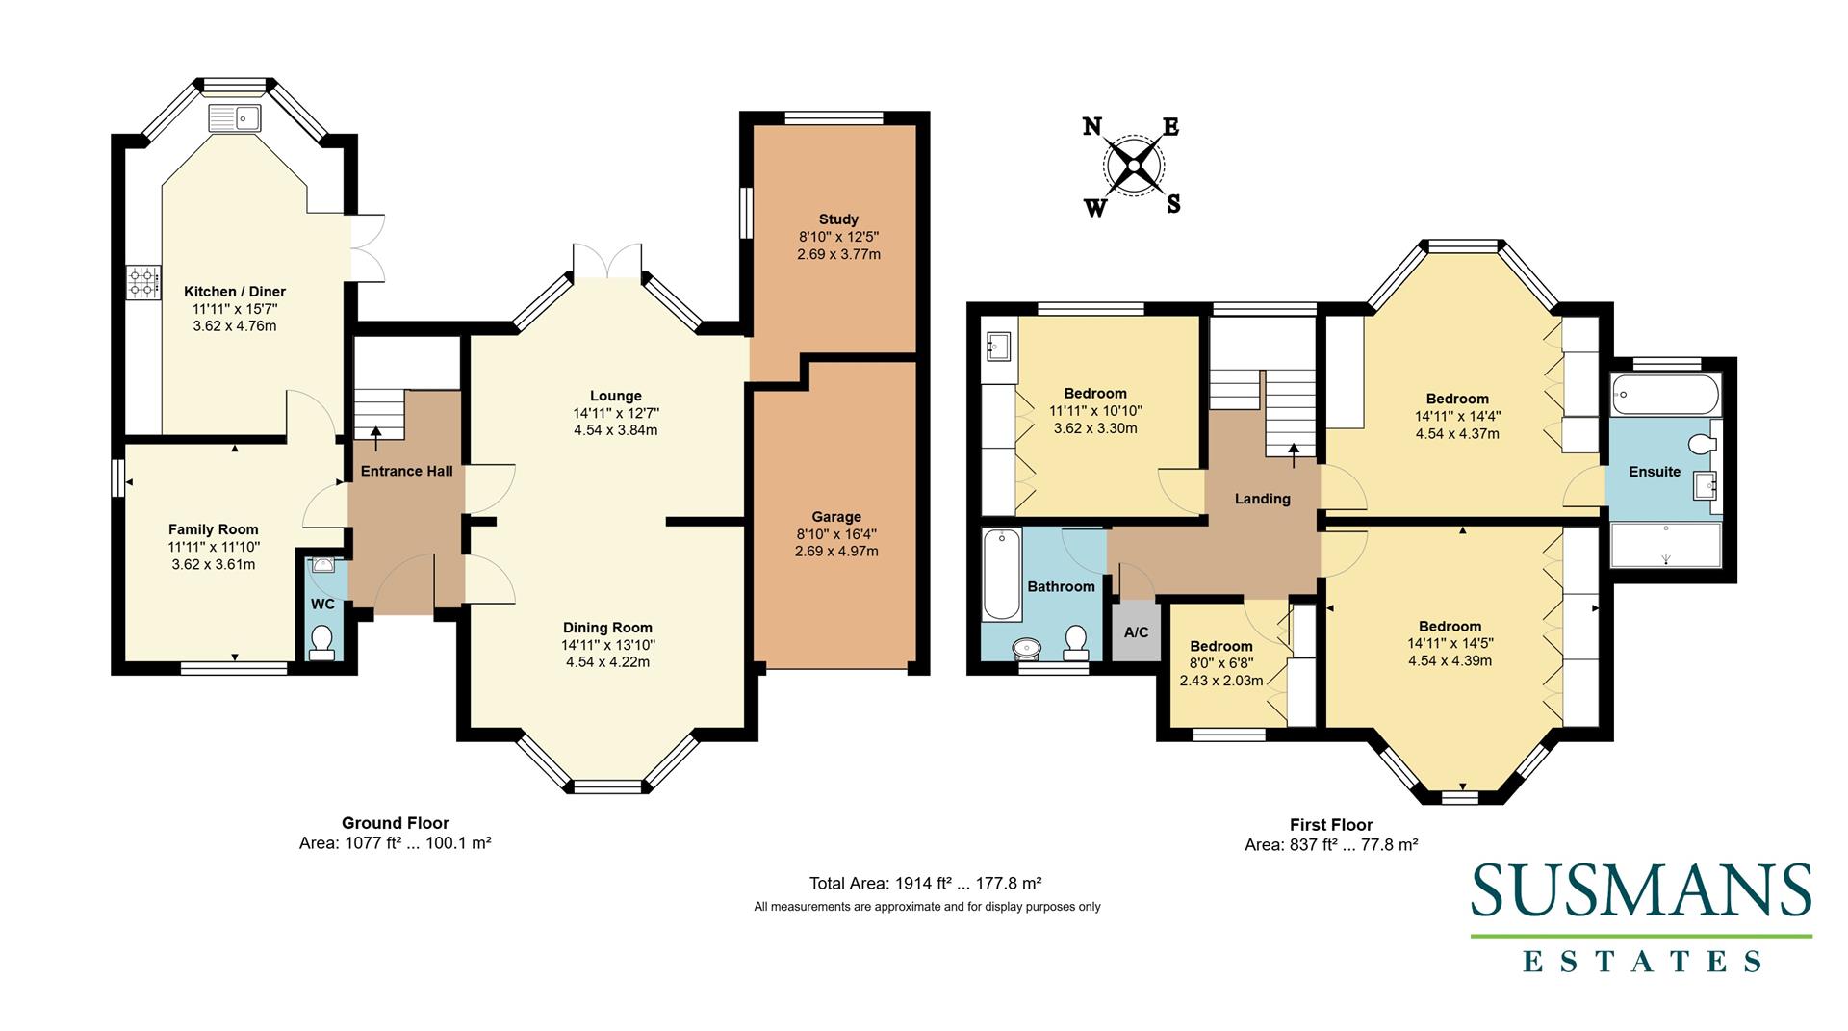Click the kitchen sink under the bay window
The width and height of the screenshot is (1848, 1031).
[235, 117]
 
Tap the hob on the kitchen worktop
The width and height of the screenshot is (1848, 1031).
[142, 282]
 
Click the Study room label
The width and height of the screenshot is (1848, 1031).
[838, 219]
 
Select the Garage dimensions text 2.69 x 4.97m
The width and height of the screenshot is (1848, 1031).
[836, 552]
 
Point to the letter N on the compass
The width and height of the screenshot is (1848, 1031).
[1091, 127]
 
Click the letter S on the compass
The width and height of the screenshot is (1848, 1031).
[1173, 204]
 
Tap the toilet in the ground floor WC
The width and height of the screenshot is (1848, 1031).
[322, 641]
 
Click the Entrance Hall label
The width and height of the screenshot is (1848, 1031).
[406, 471]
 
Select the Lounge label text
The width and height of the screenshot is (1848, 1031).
[615, 396]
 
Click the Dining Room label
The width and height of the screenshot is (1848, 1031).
[607, 628]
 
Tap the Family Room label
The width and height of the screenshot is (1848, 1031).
[213, 529]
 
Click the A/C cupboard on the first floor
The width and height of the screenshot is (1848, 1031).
[1136, 632]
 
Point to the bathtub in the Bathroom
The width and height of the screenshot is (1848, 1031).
[1002, 576]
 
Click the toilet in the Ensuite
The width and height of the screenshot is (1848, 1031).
[1704, 443]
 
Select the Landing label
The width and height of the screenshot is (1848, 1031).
[1262, 499]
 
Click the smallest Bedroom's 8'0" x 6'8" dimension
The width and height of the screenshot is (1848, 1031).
[1220, 663]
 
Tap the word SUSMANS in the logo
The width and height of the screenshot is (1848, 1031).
[1641, 890]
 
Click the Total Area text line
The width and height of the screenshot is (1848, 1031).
[926, 883]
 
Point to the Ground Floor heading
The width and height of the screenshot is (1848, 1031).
[395, 823]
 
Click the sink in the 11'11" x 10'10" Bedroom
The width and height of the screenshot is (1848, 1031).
[998, 345]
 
